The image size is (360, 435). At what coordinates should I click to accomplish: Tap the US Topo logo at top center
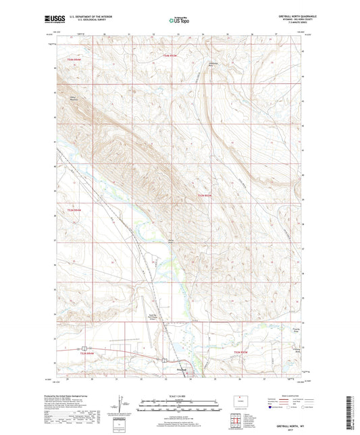tap(179, 20)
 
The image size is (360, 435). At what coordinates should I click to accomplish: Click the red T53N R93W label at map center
tap(205, 196)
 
